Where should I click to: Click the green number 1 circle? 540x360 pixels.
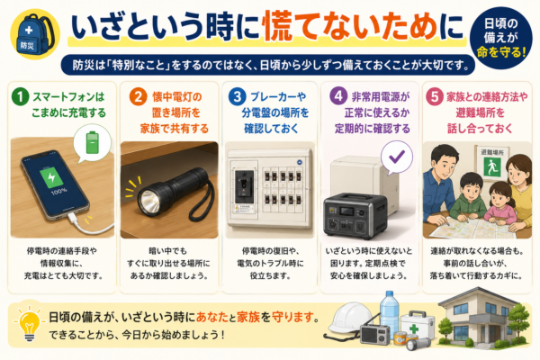click(21, 97)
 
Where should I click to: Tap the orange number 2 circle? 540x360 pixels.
click(138, 97)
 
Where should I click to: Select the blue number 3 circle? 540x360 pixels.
click(238, 97)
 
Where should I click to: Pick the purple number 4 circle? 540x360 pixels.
click(338, 96)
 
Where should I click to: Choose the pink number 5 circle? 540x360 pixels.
click(435, 97)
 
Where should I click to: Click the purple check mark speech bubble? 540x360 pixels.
click(397, 158)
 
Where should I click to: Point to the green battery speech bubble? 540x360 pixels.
click(93, 142)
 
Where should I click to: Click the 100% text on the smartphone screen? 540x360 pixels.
click(59, 191)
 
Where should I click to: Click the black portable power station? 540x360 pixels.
click(355, 216)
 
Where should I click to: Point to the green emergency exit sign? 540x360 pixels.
click(492, 167)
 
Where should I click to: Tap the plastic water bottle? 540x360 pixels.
click(389, 311)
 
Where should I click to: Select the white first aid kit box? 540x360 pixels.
click(418, 326)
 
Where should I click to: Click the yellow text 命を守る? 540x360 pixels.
click(501, 52)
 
